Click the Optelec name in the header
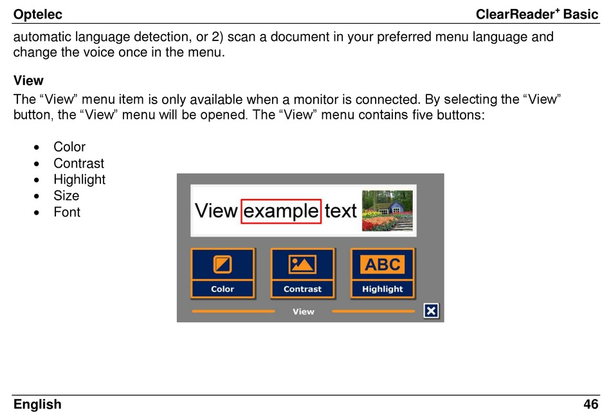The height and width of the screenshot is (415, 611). tap(38, 15)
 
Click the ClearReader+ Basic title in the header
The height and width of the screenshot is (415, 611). tap(537, 14)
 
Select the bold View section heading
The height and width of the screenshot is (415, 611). tap(28, 80)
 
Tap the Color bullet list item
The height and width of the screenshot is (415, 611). tap(69, 146)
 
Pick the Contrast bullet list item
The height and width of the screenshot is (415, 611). tap(78, 163)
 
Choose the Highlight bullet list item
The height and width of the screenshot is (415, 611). tap(80, 179)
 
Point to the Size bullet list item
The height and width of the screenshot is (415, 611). tap(66, 195)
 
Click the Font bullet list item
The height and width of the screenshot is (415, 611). tap(67, 212)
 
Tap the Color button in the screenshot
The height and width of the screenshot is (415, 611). tap(223, 273)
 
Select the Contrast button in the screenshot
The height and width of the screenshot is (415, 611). tap(303, 273)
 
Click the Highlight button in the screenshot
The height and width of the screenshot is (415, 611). tap(383, 273)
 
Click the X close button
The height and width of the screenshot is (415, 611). tap(431, 311)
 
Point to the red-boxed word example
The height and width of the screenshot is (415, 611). tap(281, 211)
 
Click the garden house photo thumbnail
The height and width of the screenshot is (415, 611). tap(387, 211)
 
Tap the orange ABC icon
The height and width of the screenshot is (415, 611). tap(382, 264)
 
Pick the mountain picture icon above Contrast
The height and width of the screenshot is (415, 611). tap(302, 264)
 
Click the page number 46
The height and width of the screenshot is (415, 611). tap(590, 404)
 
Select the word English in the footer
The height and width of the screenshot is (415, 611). tap(37, 405)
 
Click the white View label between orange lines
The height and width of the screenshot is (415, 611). tap(304, 312)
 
